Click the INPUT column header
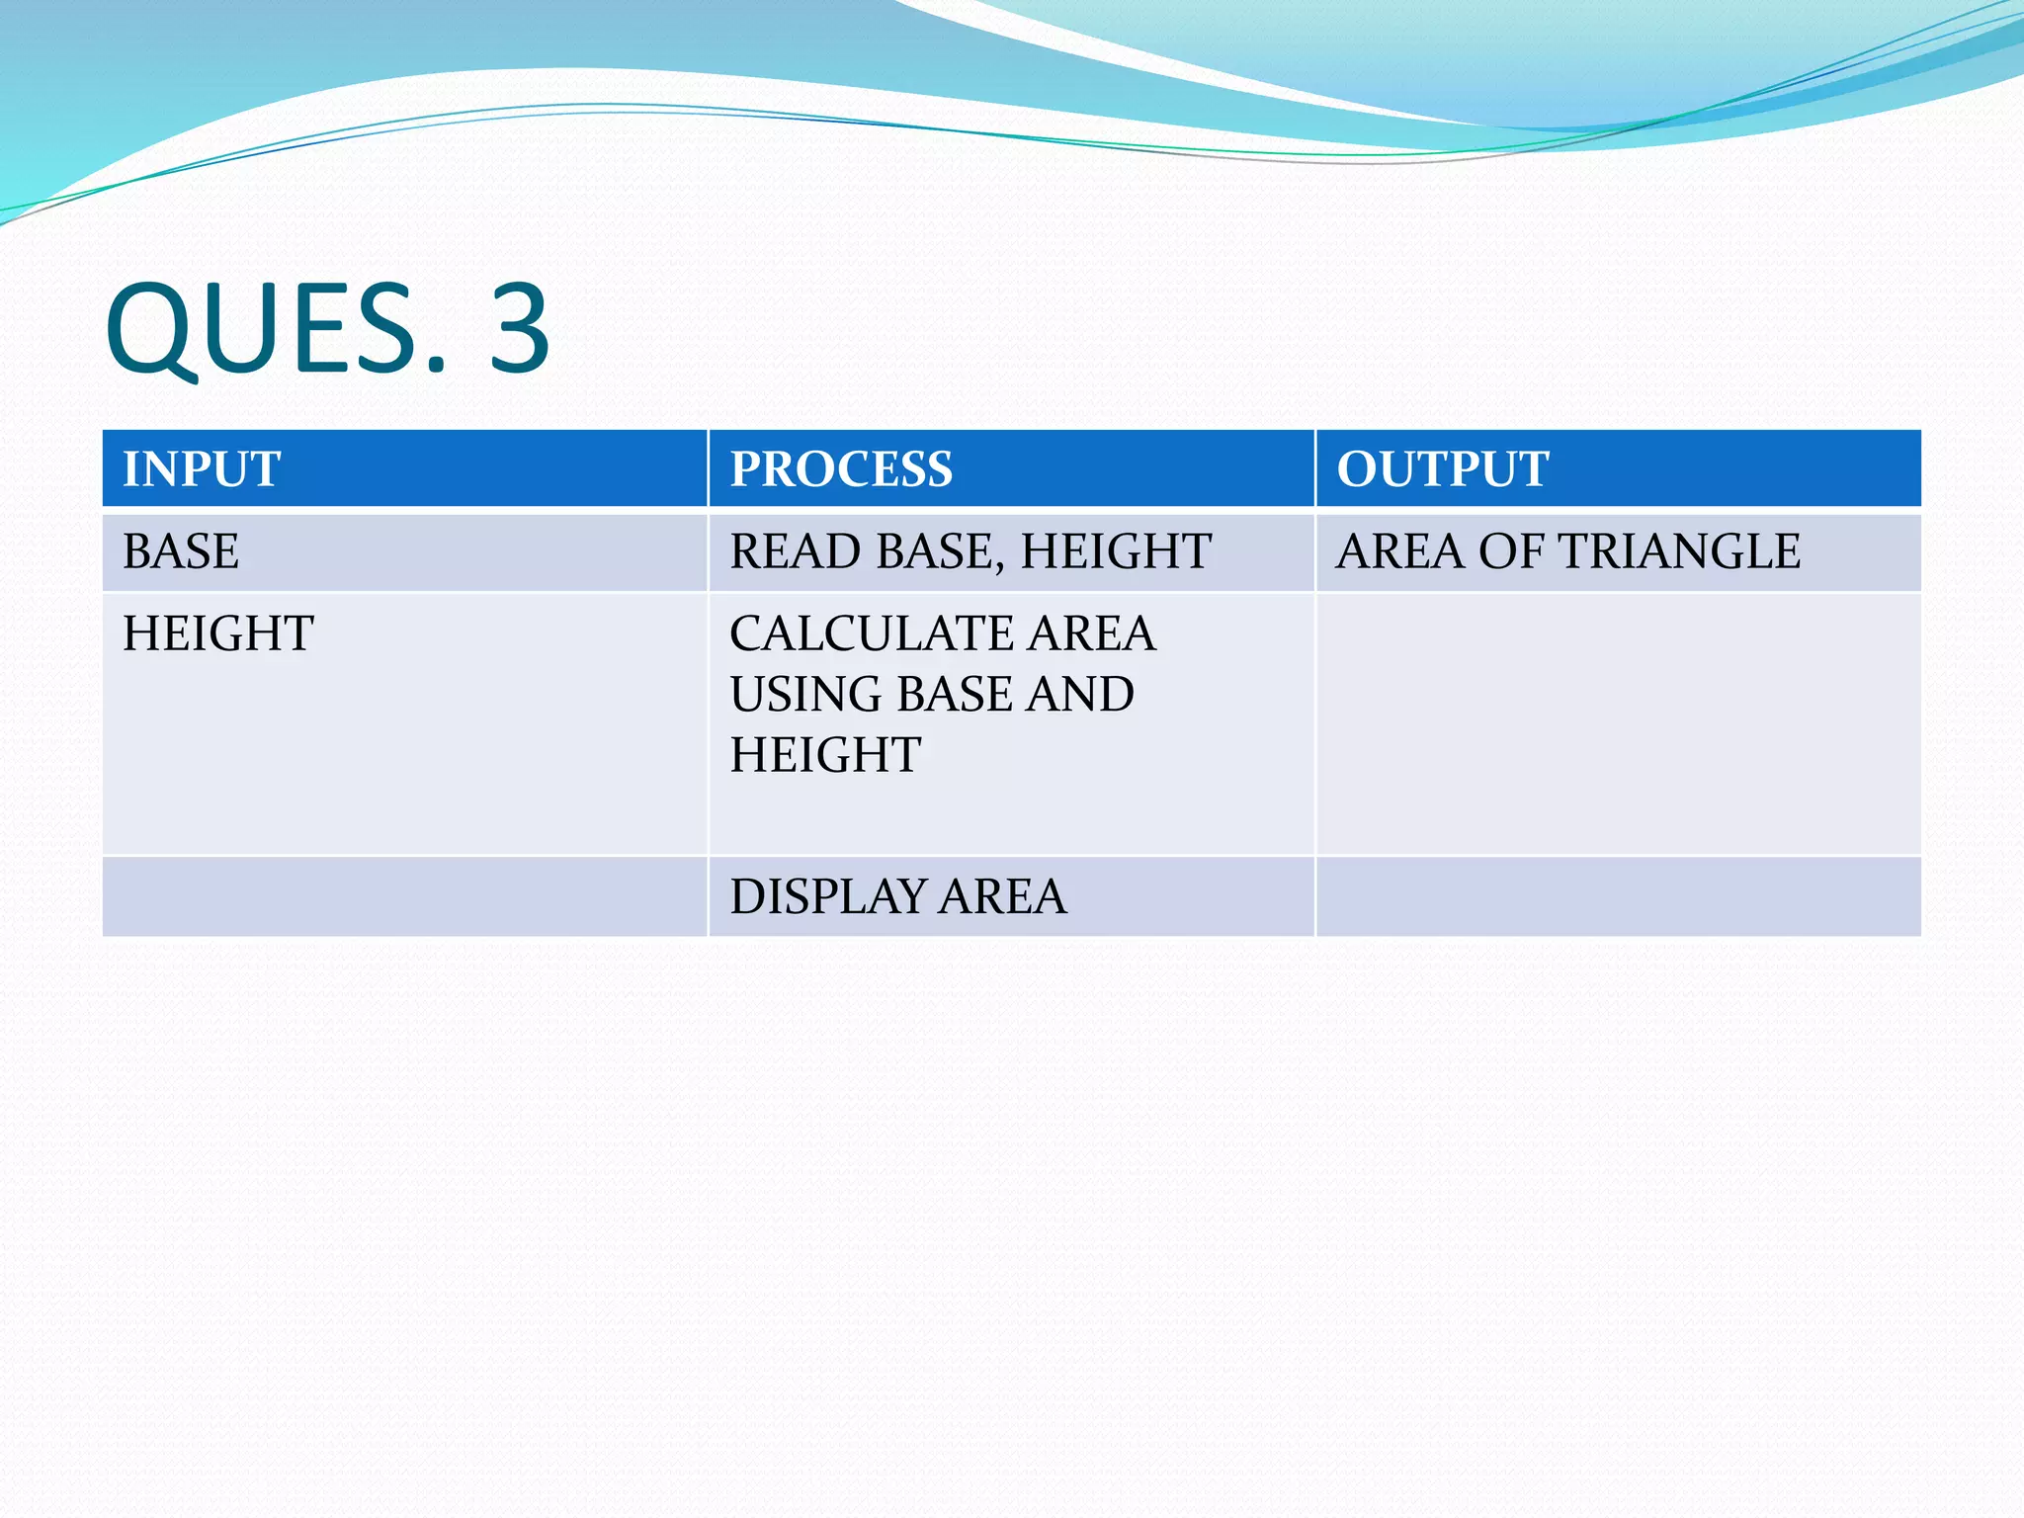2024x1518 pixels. point(202,468)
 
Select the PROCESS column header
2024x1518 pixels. point(841,468)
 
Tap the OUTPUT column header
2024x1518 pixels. point(1442,468)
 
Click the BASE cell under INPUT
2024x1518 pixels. point(181,551)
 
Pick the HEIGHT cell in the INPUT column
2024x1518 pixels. point(218,633)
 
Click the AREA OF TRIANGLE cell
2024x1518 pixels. point(1567,551)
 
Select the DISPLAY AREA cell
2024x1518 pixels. point(898,896)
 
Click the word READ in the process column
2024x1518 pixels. point(796,551)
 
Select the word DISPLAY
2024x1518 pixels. point(827,896)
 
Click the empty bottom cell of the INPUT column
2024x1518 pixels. point(404,896)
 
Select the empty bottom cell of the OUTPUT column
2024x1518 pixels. point(1618,896)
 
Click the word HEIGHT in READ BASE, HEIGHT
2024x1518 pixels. point(1116,551)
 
